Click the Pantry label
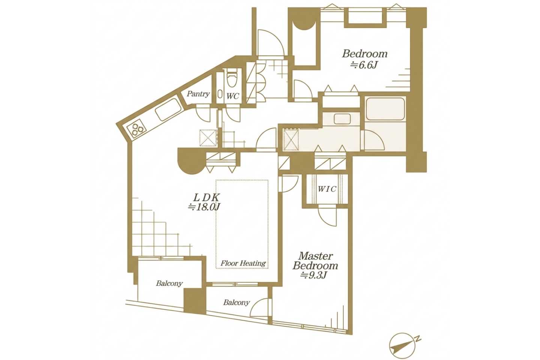198,94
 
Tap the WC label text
232,96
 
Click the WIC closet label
327,189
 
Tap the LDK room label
207,198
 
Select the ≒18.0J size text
204,207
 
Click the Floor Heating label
243,263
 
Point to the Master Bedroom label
315,261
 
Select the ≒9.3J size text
313,275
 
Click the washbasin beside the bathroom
342,118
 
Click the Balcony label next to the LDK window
169,283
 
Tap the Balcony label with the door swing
237,302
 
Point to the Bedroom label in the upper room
365,54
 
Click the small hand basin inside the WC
220,94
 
